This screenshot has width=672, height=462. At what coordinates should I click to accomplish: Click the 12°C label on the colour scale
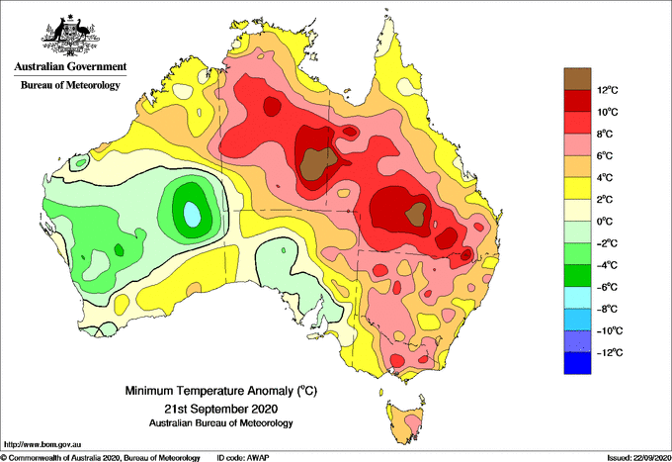click(608, 90)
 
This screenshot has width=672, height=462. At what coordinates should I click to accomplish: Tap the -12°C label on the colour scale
click(606, 352)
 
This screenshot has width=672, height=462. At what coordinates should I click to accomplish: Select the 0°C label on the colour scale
click(605, 222)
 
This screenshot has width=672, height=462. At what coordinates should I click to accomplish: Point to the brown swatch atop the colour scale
click(577, 79)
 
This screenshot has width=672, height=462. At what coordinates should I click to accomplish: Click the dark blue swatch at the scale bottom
click(577, 363)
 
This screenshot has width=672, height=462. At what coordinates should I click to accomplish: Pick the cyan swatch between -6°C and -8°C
click(577, 298)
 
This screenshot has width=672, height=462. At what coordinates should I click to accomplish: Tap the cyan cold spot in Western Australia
click(192, 214)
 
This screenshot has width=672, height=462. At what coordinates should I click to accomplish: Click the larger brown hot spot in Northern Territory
click(318, 163)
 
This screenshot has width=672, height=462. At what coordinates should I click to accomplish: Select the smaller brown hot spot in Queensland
click(416, 214)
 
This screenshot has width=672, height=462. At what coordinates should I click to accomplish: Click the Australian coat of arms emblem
click(70, 36)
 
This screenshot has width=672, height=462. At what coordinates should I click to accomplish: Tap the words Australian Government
click(70, 66)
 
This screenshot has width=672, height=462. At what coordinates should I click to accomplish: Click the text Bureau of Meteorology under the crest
click(70, 85)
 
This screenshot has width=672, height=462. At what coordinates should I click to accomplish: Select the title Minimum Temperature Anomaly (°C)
click(221, 391)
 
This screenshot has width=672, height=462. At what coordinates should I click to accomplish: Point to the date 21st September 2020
click(221, 408)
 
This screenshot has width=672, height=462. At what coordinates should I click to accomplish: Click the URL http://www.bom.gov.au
click(42, 445)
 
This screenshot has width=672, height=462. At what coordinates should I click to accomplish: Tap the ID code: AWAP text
click(243, 458)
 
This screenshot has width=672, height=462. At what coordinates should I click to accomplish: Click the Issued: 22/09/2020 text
click(638, 458)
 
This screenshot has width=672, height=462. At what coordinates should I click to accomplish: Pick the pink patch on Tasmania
click(412, 422)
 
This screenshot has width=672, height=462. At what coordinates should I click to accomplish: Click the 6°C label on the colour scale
click(605, 155)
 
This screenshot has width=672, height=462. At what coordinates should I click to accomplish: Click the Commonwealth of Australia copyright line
click(101, 458)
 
